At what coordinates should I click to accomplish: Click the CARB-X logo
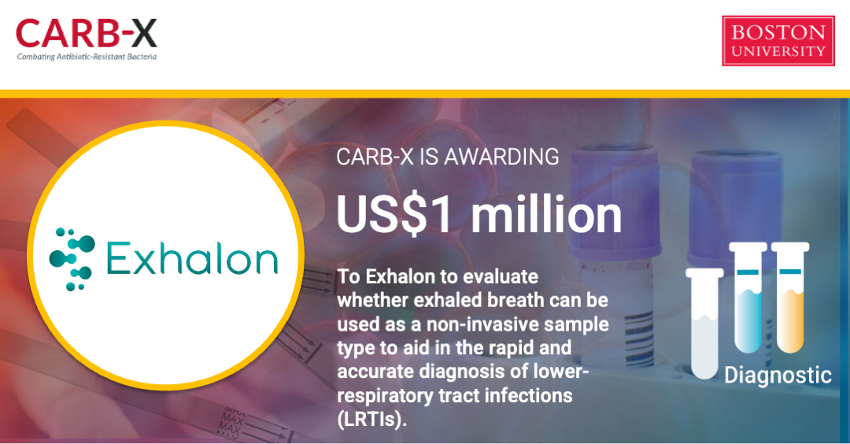87,39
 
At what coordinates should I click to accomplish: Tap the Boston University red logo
778,41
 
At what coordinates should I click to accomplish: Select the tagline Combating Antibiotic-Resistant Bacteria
87,57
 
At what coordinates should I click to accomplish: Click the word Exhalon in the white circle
192,258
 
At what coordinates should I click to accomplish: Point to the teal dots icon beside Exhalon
72,259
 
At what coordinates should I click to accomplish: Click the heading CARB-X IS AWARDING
447,157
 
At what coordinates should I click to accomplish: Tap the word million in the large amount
546,215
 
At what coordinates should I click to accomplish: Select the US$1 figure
394,215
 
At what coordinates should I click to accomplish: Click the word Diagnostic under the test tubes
778,375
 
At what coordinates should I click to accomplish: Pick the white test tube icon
704,323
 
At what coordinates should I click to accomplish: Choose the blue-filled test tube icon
748,298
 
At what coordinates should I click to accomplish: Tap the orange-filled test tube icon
790,298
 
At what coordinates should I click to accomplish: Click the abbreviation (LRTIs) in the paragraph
371,420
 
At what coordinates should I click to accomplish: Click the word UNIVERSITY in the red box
778,51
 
